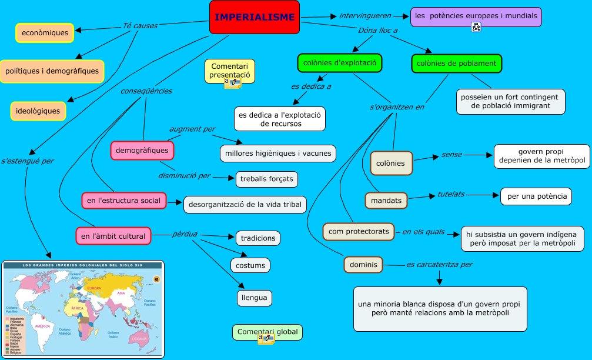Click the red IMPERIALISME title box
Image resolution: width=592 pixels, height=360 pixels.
click(254, 17)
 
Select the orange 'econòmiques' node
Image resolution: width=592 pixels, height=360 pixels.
click(45, 33)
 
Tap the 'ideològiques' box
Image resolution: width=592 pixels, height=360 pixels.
click(38, 110)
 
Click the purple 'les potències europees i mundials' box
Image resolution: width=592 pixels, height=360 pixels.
click(476, 17)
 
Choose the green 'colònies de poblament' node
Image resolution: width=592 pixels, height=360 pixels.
click(456, 64)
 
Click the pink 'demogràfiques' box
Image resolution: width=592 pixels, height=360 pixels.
click(142, 151)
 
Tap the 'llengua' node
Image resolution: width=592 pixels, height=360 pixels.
click(255, 298)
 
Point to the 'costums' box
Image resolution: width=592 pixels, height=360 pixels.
click(250, 265)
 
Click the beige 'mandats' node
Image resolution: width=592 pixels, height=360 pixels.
click(386, 201)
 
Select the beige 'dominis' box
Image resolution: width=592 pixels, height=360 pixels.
click(363, 265)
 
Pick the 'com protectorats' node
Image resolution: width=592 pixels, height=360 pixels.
click(359, 231)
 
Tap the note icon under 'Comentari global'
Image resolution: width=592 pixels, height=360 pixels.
click(266, 338)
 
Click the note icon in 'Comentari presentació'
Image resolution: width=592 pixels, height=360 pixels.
click(232, 82)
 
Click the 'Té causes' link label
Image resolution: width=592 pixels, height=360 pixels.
click(136, 26)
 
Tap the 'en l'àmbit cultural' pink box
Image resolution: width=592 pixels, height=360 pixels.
click(113, 236)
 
